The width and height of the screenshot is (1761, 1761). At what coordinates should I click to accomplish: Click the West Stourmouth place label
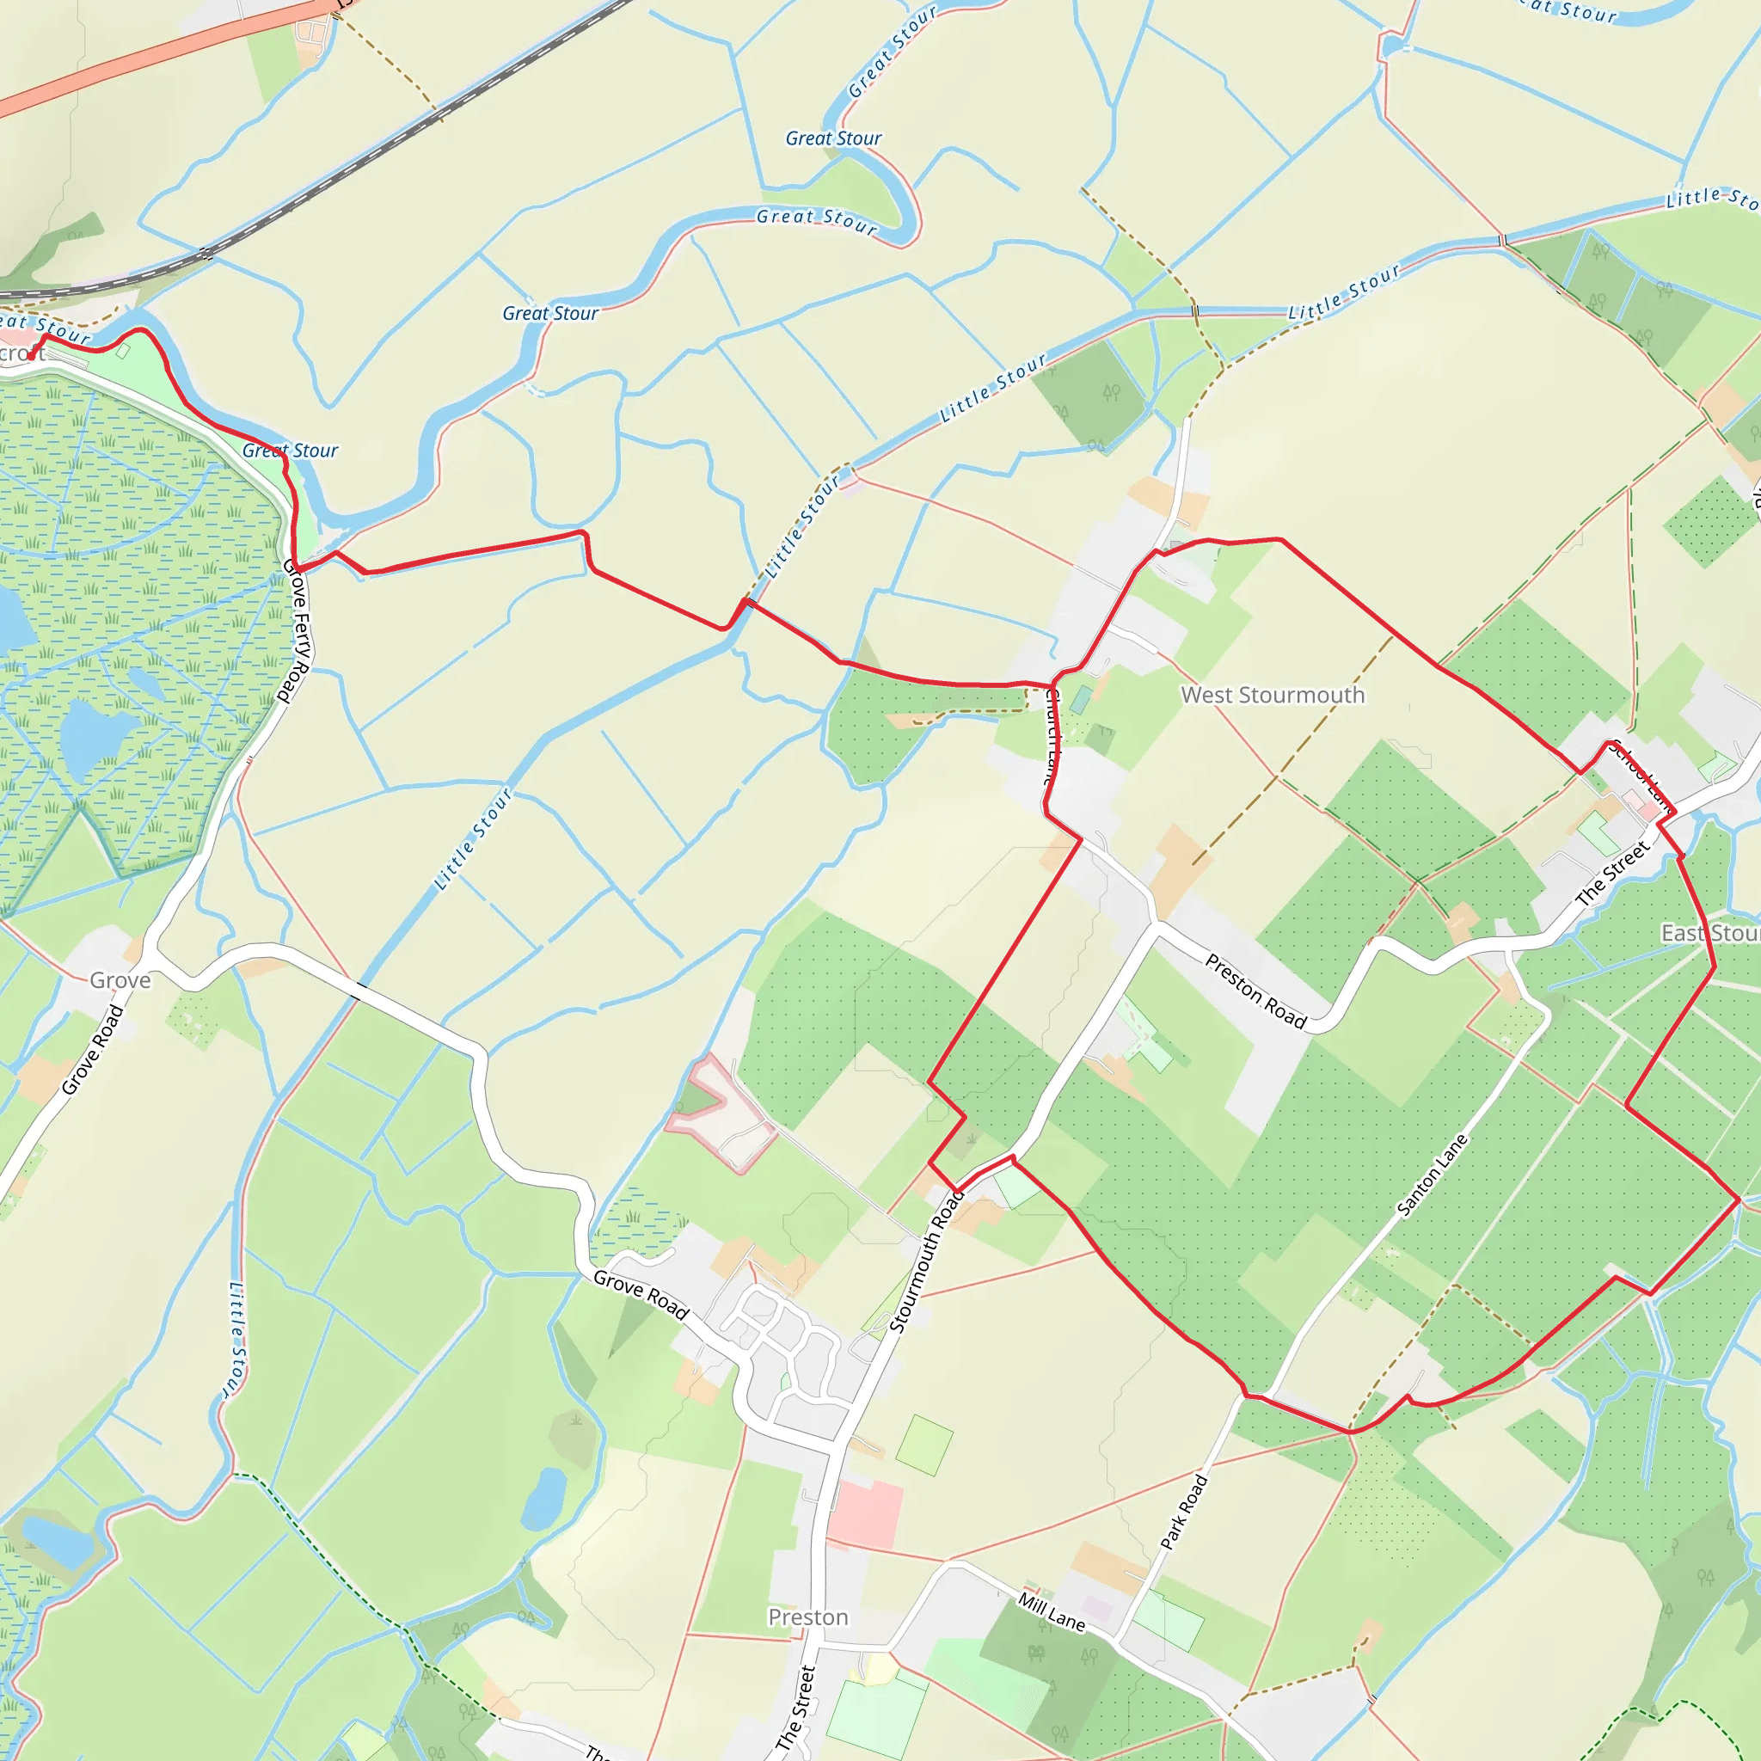coord(1273,696)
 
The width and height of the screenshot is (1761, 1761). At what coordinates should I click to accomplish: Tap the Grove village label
coord(120,981)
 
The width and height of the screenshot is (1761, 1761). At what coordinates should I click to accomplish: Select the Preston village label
coord(807,1617)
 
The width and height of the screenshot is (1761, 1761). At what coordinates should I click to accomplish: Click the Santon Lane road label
coord(1432,1175)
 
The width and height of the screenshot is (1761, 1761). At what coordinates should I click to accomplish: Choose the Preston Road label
coord(1256,991)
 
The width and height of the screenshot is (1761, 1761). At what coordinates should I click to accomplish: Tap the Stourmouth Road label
coord(925,1262)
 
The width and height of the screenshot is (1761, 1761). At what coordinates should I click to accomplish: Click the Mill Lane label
coord(1052,1612)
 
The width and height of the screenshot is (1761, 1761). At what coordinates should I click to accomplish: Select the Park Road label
coord(1183,1512)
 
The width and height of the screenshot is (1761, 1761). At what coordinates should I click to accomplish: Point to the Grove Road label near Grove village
coord(92,1049)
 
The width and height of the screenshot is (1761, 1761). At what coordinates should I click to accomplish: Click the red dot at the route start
coord(31,356)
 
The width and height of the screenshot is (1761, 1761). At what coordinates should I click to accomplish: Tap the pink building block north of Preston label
coord(865,1514)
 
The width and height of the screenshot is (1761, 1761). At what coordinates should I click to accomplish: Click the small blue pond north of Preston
coord(544,1498)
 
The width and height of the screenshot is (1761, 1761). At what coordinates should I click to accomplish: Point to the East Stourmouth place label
coord(1710,933)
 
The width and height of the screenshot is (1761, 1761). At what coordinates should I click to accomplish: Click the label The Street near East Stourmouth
coord(1612,874)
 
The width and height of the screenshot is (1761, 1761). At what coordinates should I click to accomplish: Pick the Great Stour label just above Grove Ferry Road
coord(290,451)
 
